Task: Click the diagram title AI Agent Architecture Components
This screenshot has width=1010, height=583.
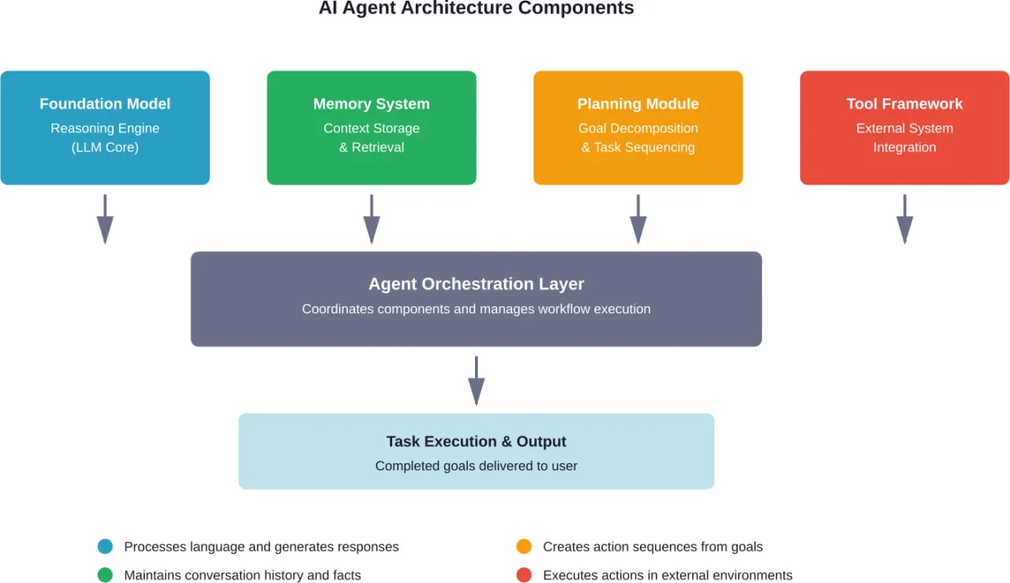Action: (x=476, y=9)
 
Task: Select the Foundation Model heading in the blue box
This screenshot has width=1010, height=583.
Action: (x=105, y=103)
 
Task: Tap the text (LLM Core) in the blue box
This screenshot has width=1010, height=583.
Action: (x=105, y=148)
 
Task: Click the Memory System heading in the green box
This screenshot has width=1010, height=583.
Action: (x=372, y=103)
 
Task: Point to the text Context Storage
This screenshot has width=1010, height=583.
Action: (x=372, y=128)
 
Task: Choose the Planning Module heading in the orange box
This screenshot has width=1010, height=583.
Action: (x=638, y=103)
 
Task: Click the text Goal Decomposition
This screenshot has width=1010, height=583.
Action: (x=638, y=128)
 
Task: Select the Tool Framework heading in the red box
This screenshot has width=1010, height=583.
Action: (x=905, y=103)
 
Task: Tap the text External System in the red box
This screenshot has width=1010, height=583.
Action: (x=905, y=128)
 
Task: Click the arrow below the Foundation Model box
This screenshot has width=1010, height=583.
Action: (x=105, y=219)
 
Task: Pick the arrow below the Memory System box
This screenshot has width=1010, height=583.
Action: (x=372, y=219)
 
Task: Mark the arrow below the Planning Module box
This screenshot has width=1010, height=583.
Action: (x=638, y=219)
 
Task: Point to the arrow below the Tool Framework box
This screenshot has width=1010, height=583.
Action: (x=905, y=219)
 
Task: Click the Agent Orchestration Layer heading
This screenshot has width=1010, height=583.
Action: (x=476, y=284)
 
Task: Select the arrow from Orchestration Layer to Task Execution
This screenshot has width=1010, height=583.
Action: (x=476, y=380)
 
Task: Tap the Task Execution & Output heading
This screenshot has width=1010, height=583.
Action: (x=476, y=442)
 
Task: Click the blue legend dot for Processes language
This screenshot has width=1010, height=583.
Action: (x=105, y=547)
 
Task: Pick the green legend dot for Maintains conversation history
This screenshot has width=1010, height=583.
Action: (x=105, y=575)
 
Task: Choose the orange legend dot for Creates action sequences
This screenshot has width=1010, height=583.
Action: (x=524, y=547)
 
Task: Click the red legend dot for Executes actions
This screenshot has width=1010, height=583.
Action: (x=524, y=575)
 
